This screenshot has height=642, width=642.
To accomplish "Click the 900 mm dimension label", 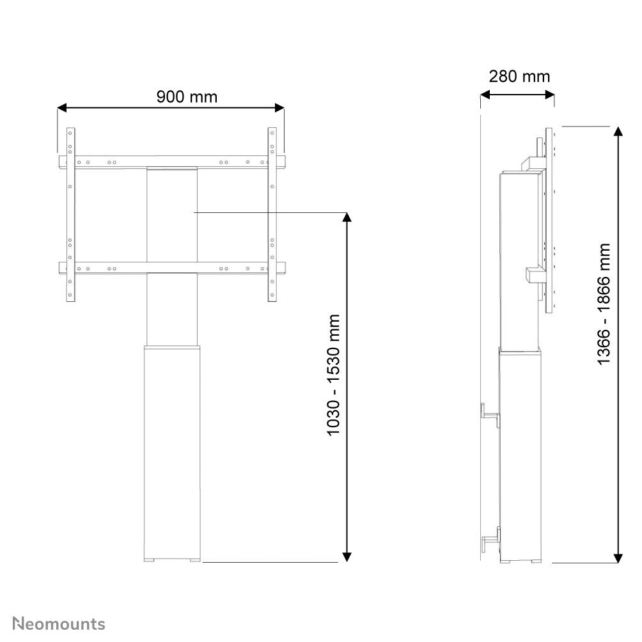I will coord(187,97).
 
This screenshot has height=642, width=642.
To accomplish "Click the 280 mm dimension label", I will coord(519,77).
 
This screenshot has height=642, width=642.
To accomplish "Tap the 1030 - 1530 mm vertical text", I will coord(334,375).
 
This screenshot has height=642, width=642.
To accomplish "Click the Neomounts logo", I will coord(59,623).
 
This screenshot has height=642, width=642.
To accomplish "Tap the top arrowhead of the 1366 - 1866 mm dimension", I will coord(618,131).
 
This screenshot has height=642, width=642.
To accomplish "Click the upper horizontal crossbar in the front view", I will coord(171,162).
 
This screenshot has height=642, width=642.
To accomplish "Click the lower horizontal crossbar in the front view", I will coord(171,269).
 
